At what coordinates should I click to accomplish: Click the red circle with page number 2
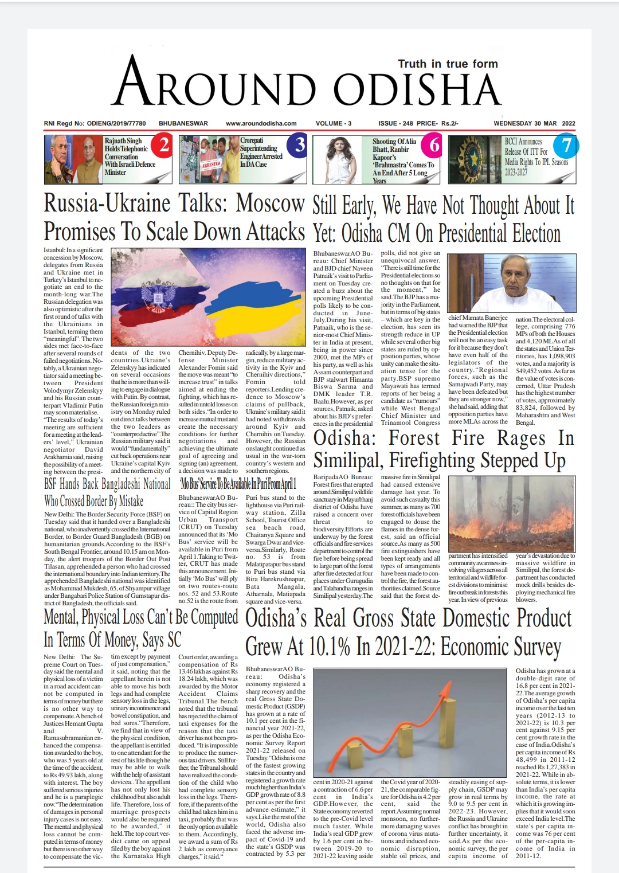tap(164, 145)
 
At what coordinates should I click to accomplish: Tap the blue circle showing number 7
tap(566, 146)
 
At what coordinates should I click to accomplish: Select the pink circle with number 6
tap(434, 146)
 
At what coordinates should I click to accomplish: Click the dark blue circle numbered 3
tap(299, 145)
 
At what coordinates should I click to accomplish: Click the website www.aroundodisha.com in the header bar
tap(261, 123)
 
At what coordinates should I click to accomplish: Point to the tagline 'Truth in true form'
tap(448, 64)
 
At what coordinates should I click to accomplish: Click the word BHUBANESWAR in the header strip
tap(183, 123)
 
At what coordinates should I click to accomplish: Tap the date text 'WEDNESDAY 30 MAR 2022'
tap(534, 123)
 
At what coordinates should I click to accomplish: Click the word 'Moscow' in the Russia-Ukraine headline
tap(270, 203)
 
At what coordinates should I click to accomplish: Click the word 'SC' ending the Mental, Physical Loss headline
tap(174, 640)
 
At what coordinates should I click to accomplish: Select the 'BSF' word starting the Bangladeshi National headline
tap(56, 484)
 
